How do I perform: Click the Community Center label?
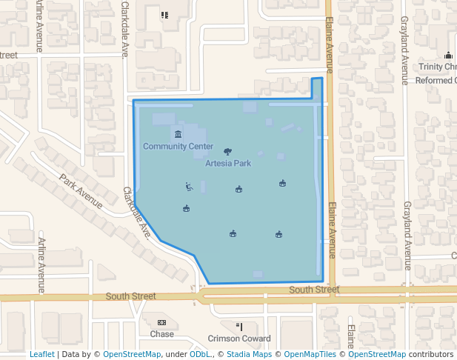[178, 147]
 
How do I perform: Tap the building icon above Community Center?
[178, 134]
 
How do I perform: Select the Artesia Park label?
[228, 163]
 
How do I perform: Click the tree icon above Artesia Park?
[227, 150]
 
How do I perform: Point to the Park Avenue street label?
[81, 191]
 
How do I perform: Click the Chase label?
[161, 334]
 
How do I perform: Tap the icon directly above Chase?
[161, 323]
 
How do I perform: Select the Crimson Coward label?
[239, 339]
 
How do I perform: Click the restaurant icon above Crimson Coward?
[238, 326]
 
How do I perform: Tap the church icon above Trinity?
[447, 56]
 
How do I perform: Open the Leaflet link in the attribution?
[42, 354]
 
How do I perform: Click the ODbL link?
[199, 354]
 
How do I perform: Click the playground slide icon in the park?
[189, 187]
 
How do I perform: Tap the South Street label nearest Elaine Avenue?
[314, 290]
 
